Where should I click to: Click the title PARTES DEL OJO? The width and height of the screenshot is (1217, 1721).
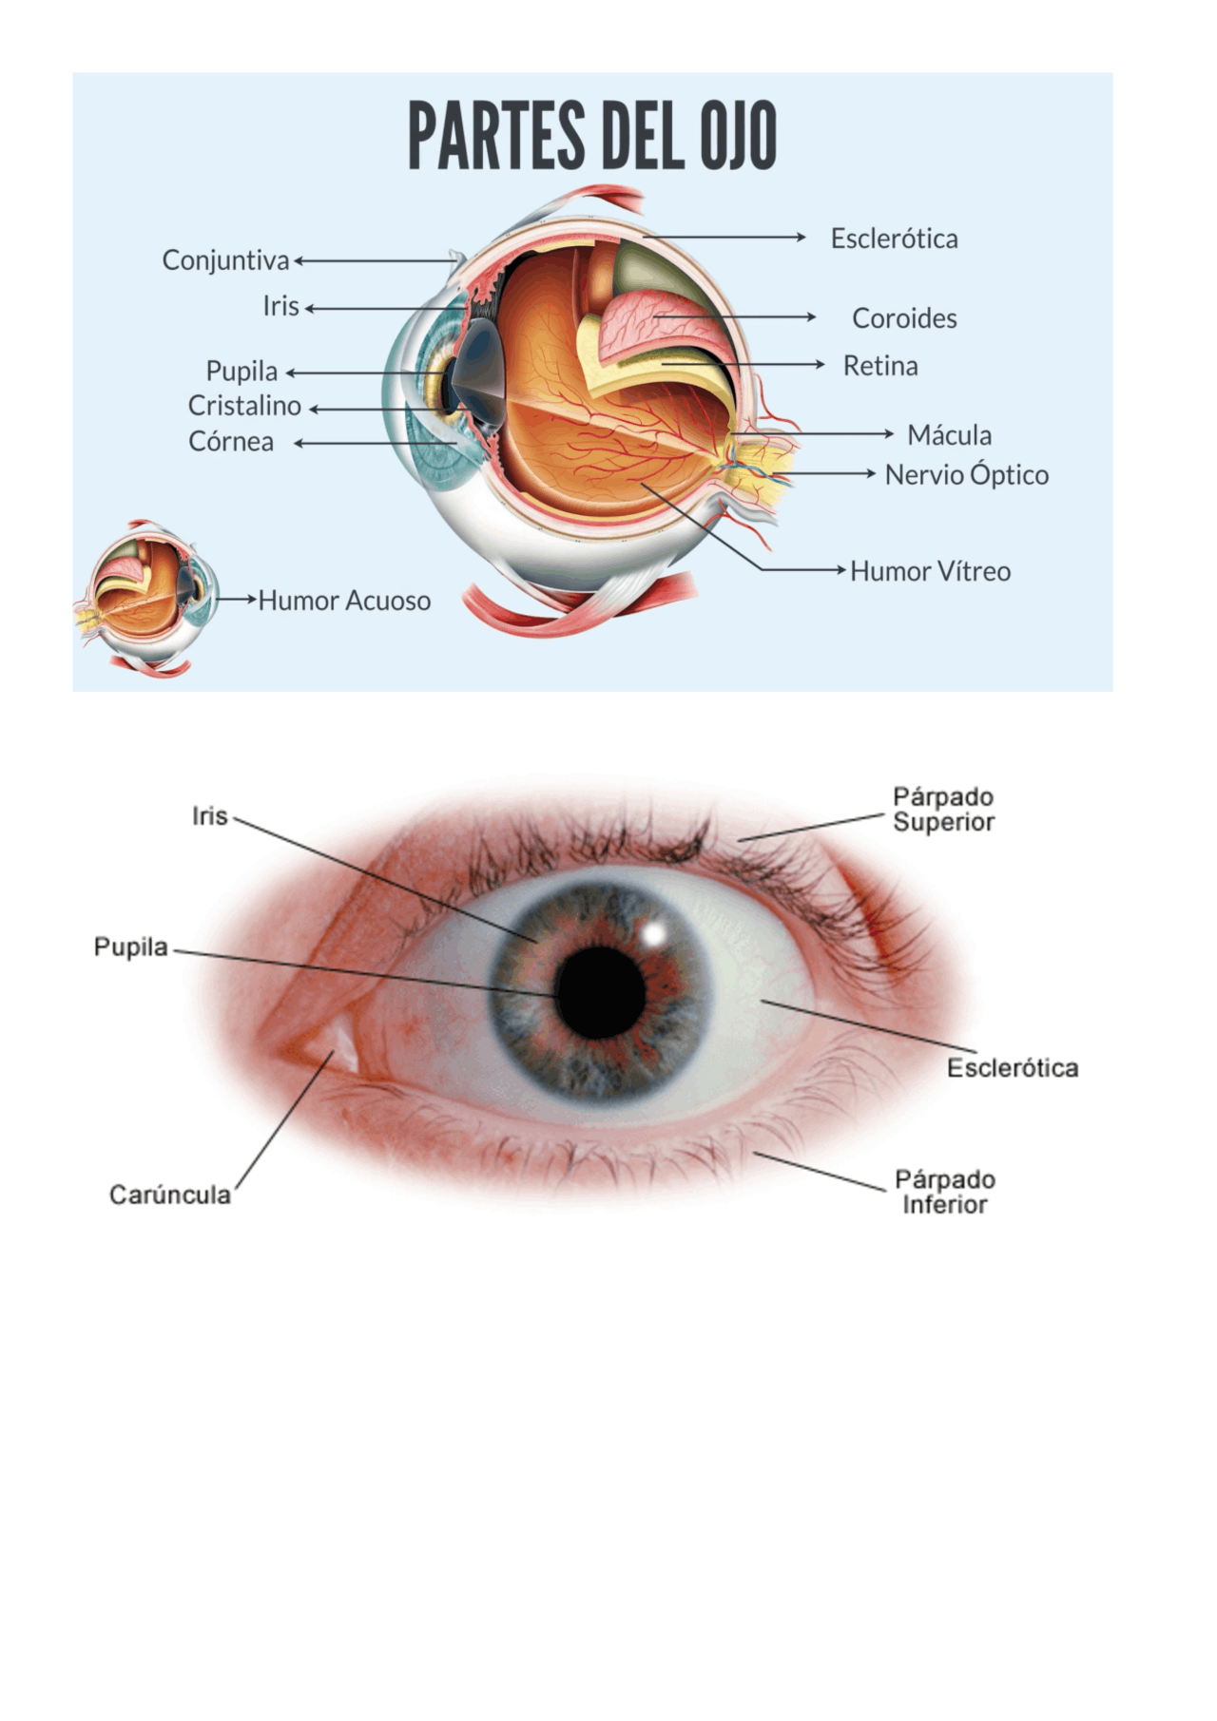point(591,136)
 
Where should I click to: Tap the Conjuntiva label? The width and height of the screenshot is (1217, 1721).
point(225,260)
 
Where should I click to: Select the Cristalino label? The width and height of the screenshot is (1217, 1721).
point(244,406)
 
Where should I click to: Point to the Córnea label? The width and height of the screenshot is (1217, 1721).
point(231,442)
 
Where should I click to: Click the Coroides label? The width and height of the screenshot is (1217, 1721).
point(903,318)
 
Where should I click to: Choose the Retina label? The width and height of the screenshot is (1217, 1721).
point(880,366)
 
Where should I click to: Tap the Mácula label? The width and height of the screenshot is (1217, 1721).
point(949,435)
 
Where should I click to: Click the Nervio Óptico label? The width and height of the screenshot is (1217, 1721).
point(966,475)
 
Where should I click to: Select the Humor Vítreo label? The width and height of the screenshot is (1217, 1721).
point(930,571)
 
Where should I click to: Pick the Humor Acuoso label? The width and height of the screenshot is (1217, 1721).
point(344,601)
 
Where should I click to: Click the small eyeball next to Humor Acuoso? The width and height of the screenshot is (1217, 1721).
point(147,598)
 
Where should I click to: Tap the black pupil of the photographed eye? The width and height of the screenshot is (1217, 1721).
point(601,992)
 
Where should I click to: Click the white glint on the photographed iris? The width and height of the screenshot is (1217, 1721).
point(654,933)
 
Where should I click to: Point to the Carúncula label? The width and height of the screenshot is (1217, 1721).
point(170,1195)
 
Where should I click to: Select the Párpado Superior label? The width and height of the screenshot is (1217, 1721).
point(943,810)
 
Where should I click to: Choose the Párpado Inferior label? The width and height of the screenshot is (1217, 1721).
point(944,1193)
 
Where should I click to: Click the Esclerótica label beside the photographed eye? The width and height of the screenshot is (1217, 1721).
point(1012,1068)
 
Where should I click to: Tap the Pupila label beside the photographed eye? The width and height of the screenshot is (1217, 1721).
point(130,947)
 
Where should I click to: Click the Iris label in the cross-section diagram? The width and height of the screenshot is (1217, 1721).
point(281,307)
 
